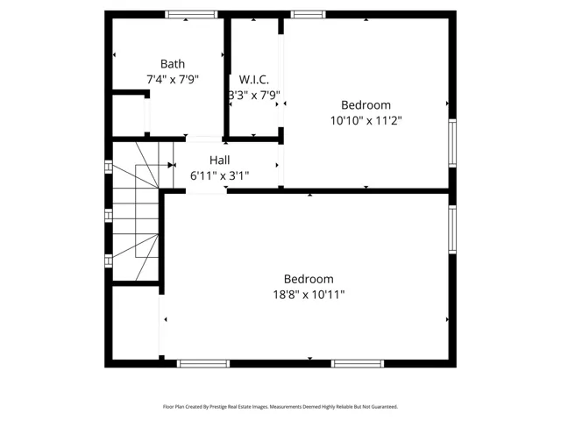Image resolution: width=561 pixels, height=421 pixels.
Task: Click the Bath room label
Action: click(173, 64)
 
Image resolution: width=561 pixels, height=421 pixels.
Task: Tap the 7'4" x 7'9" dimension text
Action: click(173, 79)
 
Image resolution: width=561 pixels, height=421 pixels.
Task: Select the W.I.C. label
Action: click(254, 79)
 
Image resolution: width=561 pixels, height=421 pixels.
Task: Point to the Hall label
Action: click(220, 160)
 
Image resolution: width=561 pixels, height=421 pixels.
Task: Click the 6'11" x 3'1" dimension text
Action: click(220, 175)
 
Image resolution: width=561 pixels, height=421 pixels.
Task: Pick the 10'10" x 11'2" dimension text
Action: click(366, 120)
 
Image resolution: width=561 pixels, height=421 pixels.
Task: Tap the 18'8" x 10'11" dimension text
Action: click(309, 295)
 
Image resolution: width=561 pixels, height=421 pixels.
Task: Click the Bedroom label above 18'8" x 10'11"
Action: click(309, 279)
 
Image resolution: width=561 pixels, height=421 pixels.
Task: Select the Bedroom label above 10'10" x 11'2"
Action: click(366, 105)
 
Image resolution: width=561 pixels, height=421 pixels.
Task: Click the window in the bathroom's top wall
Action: click(191, 14)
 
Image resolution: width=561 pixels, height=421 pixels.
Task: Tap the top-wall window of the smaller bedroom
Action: click(308, 14)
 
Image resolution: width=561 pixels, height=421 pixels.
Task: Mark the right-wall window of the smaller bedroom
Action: click(452, 143)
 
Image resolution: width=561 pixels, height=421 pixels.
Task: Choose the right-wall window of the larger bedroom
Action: click(452, 230)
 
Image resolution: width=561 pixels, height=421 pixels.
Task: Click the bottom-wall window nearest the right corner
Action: click(358, 364)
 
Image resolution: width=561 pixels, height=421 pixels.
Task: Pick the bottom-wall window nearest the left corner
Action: click(203, 364)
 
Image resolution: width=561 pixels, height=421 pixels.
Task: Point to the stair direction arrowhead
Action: click(170, 165)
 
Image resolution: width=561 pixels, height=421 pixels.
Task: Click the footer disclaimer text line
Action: click(280, 407)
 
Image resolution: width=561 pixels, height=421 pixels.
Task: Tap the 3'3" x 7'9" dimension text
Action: click(254, 96)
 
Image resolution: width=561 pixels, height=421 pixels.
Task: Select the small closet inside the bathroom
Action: click(129, 115)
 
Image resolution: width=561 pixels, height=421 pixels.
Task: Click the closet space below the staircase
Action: click(136, 323)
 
